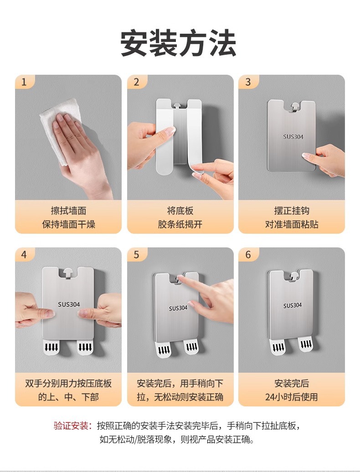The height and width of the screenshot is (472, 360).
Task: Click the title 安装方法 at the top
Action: coord(178,43)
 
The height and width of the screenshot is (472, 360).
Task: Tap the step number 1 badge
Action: coord(24,82)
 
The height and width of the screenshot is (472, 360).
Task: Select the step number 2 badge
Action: coord(136,82)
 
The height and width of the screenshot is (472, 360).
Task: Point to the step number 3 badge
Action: coord(248,82)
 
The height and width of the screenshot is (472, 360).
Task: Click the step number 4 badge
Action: coord(24,255)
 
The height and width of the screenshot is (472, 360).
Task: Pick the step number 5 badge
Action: coord(136,255)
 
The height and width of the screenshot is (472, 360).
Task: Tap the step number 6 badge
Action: coord(248,255)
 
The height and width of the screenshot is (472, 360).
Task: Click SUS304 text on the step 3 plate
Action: coord(293,137)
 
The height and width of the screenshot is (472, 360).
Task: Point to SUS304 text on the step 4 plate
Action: coord(69,304)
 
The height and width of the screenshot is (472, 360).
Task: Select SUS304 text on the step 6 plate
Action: coord(292,306)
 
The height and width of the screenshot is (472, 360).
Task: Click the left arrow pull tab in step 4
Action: coord(51,347)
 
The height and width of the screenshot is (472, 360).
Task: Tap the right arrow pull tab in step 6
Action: coord(306,344)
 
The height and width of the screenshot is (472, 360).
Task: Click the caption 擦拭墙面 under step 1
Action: coord(69,210)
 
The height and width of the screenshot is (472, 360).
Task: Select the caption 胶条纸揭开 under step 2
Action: coord(180,224)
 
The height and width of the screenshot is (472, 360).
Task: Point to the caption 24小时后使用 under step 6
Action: coord(291,397)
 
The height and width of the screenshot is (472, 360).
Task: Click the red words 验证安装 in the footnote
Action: coord(71,426)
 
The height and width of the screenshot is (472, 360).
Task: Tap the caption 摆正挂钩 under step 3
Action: coord(291,210)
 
